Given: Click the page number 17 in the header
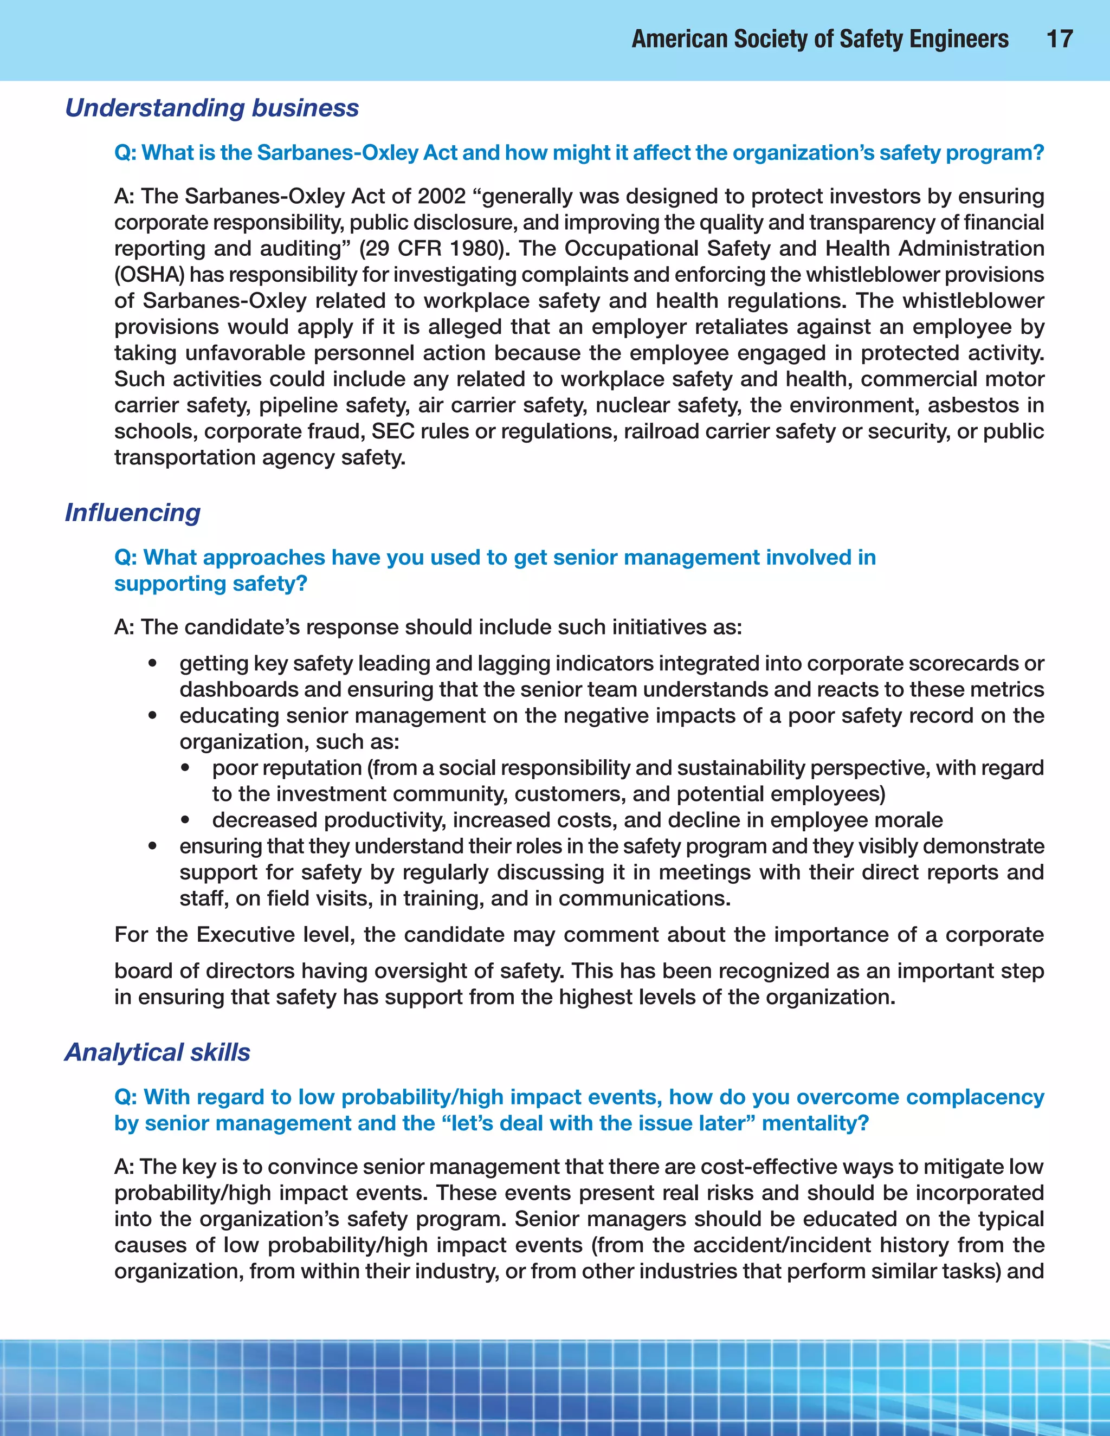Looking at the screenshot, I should (x=1060, y=39).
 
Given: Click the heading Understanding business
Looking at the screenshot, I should (x=212, y=108).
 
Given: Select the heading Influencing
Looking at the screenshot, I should (x=132, y=513).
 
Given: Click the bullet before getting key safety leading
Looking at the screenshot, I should (x=152, y=663).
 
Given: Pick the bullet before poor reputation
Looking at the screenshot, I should (x=185, y=768).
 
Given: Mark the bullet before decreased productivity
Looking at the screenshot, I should (x=185, y=820).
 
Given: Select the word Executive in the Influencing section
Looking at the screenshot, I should (x=246, y=935).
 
